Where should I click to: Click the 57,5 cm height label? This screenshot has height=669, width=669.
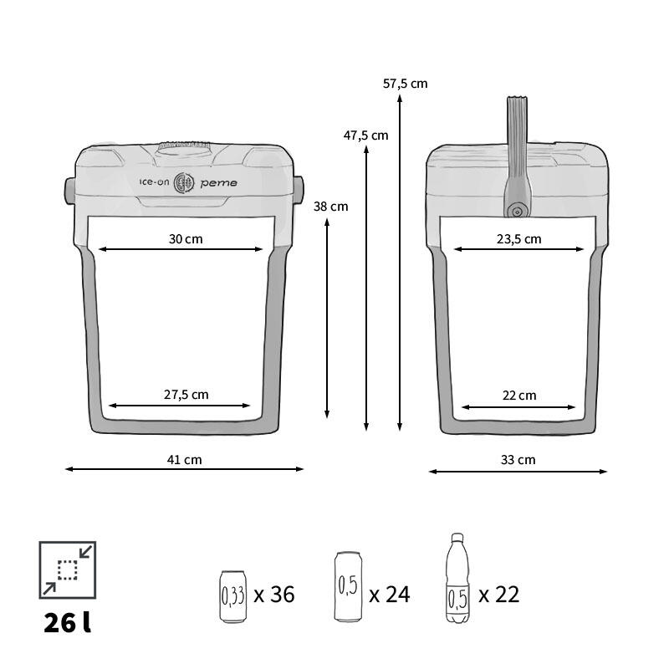pos(405,84)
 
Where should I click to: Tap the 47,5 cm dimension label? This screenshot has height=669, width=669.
pos(365,135)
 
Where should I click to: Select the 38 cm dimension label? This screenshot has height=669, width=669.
pos(330,207)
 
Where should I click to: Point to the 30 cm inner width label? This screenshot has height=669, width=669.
pos(186,239)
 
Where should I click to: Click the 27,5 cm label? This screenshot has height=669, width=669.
pos(186,395)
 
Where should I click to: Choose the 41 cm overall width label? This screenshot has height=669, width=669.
pos(184,460)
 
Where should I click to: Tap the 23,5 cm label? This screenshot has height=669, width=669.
pos(518,239)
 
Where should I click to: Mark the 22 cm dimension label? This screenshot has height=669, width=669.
pos(519,396)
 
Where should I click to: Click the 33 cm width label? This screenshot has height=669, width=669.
pos(518,460)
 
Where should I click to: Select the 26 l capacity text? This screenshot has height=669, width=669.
pos(68,623)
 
